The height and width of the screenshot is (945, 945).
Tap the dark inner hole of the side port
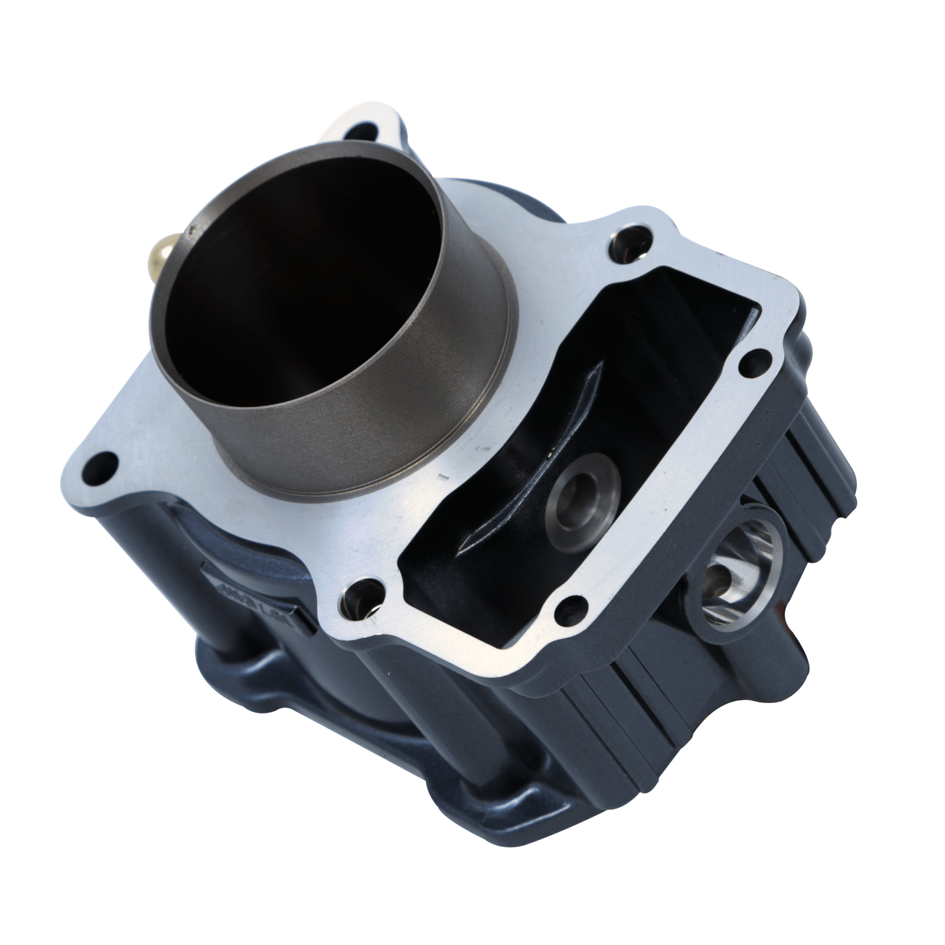(721, 573)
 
